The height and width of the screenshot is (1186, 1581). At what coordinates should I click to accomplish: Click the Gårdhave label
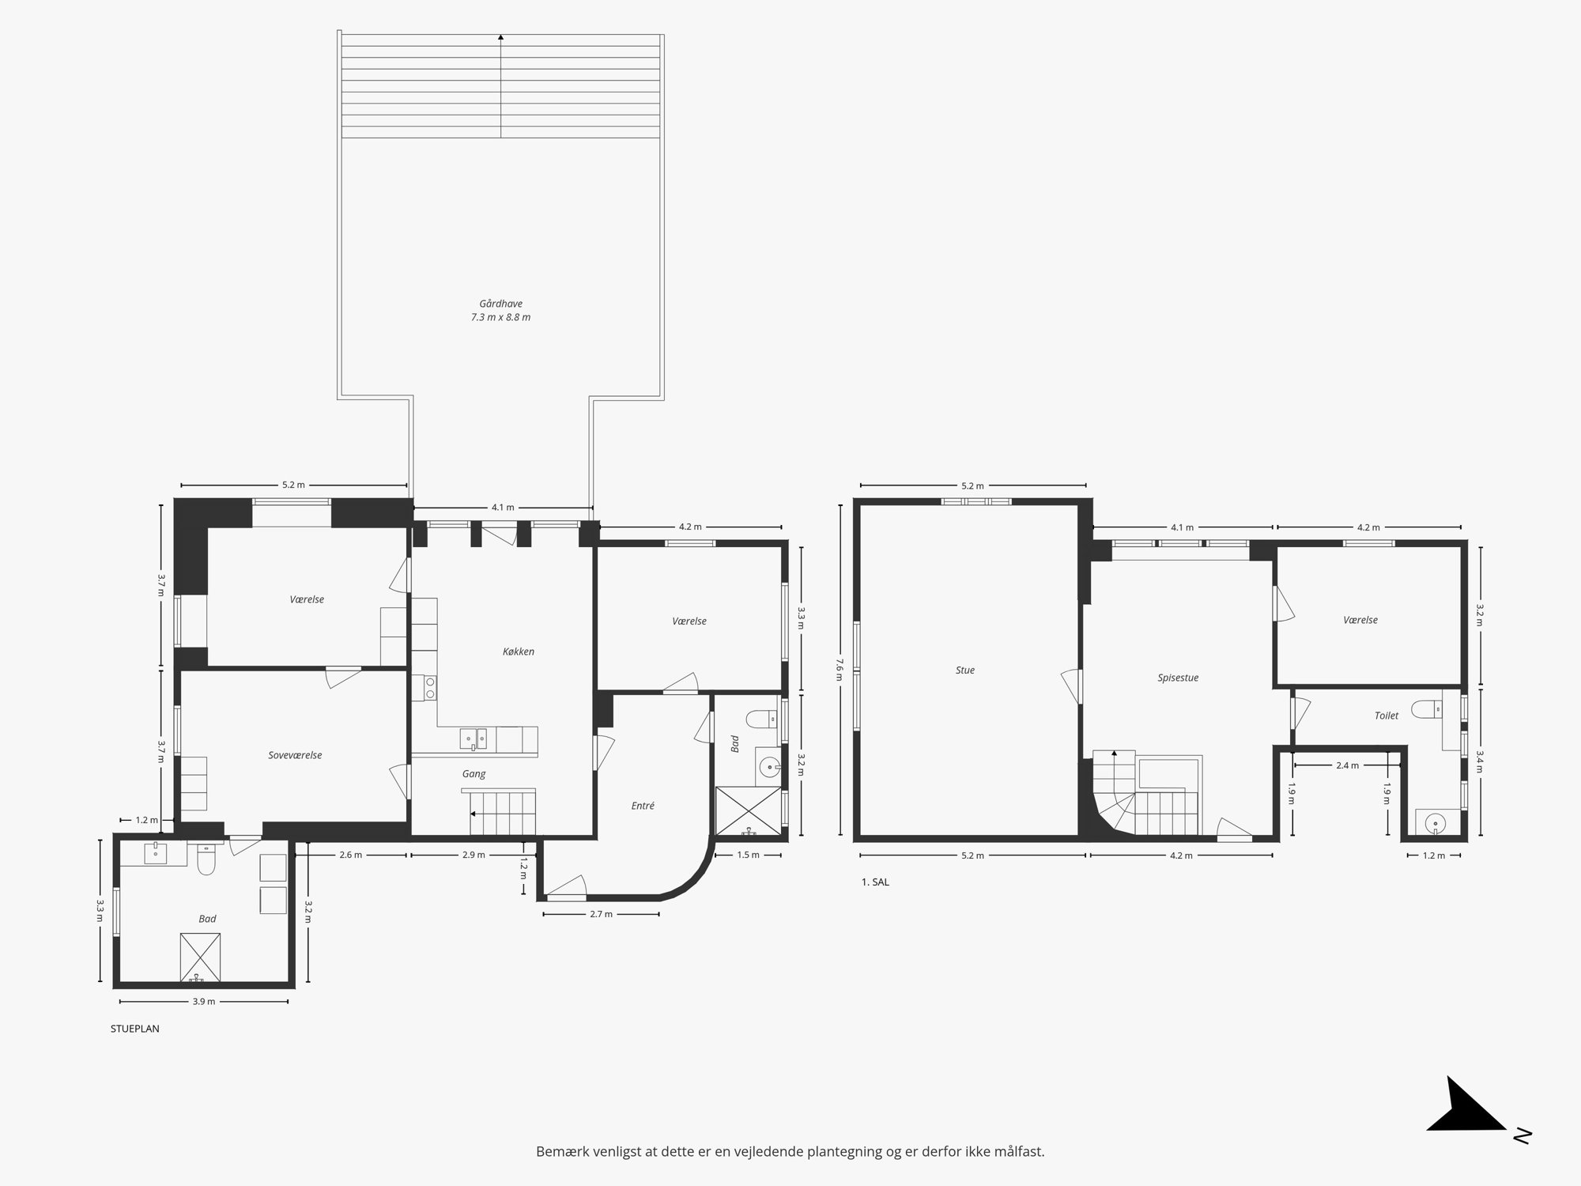[x=500, y=304]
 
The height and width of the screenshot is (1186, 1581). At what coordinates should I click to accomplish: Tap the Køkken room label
[x=519, y=652]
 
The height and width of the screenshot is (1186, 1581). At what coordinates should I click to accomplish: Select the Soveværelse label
[x=295, y=755]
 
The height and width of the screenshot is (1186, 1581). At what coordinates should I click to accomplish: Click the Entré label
[x=643, y=806]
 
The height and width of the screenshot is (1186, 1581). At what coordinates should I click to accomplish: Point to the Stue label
[x=965, y=670]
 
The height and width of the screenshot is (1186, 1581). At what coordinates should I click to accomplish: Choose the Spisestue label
[x=1178, y=678]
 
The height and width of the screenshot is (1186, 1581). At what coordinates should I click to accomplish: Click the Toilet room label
[x=1387, y=716]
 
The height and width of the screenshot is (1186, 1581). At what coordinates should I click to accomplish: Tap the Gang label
[x=474, y=774]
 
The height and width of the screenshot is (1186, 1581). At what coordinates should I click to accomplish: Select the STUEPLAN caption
[x=135, y=1029]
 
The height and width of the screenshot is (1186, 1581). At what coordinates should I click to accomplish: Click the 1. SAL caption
[x=875, y=882]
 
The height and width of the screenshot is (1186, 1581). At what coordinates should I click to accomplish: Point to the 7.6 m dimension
[x=839, y=669]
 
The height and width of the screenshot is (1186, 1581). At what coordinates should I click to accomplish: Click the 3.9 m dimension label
[x=204, y=1002]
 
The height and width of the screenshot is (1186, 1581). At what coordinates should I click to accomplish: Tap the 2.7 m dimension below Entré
[x=601, y=914]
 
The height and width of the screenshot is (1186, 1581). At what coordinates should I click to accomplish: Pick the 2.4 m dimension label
[x=1347, y=765]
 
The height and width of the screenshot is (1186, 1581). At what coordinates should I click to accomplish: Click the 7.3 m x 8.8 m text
[x=500, y=318]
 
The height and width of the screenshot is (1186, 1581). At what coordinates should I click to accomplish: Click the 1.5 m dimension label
[x=748, y=855]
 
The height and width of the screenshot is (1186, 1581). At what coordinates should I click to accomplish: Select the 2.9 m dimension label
[x=474, y=855]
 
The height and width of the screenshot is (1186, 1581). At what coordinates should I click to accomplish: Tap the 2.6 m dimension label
[x=350, y=855]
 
